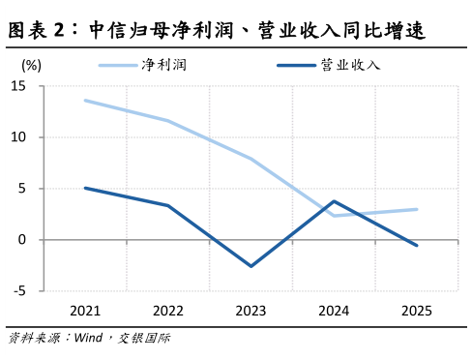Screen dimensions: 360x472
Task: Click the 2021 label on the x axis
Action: point(85,310)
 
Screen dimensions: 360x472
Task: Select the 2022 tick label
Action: point(168,310)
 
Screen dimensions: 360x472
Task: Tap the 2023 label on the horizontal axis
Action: point(251,310)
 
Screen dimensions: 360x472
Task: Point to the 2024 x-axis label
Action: point(334,310)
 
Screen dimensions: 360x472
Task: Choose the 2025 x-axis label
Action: point(417,310)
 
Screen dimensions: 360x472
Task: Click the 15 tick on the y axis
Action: point(18,86)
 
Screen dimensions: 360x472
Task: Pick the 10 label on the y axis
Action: point(18,137)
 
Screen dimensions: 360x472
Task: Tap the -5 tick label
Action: point(19,290)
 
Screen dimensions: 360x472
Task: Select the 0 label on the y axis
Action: point(22,239)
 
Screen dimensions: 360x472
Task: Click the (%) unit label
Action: point(30,65)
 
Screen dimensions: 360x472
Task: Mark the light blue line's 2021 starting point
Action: point(85,100)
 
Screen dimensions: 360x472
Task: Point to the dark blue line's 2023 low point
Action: point(251,266)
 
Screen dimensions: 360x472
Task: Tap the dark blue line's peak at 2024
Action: point(334,201)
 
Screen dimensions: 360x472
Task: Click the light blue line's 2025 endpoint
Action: point(417,209)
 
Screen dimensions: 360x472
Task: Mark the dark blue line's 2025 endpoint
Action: point(417,246)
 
